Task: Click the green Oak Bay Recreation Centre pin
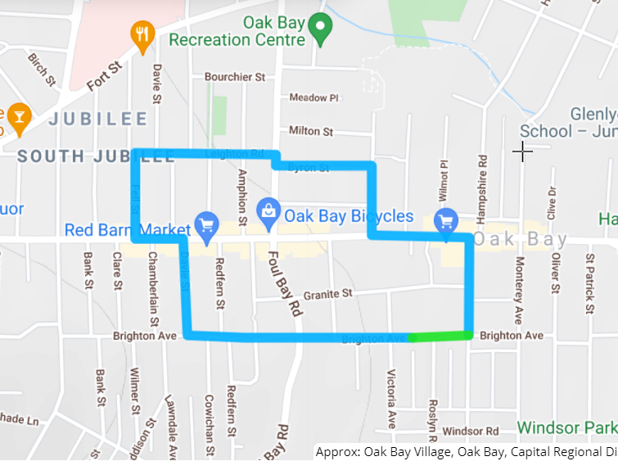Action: click(322, 30)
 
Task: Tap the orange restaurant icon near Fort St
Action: click(143, 34)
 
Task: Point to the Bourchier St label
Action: click(236, 77)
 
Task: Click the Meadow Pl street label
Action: click(314, 97)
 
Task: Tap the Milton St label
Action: click(311, 131)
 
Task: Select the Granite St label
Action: click(327, 293)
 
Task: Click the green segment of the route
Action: click(440, 336)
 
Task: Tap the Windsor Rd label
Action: click(470, 431)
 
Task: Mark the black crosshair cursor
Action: click(522, 151)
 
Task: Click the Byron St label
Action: click(312, 167)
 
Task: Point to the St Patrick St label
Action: click(589, 273)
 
